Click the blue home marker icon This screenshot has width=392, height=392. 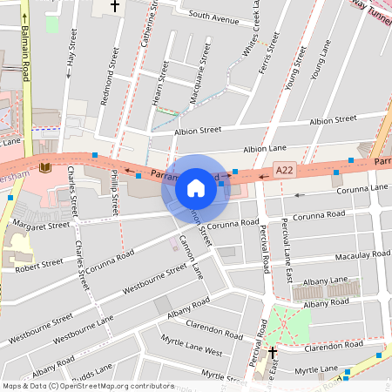(x=196, y=187)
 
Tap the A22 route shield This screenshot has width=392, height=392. (x=284, y=169)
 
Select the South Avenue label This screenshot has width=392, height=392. (x=213, y=17)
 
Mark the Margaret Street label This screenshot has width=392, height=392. (x=41, y=225)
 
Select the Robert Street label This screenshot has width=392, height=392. (x=39, y=262)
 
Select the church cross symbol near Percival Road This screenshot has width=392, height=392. (x=273, y=353)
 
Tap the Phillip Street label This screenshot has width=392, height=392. (x=115, y=193)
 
